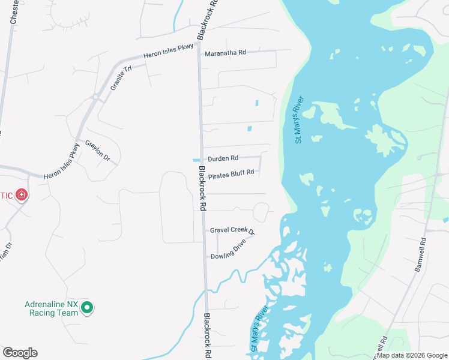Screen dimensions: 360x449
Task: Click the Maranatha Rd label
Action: point(226,53)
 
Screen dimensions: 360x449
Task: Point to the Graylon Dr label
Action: point(97,151)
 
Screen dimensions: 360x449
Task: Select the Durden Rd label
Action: point(223,158)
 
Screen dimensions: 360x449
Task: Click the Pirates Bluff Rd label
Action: point(231,172)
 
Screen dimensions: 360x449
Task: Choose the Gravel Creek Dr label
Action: point(232,230)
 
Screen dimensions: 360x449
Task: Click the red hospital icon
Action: point(22,194)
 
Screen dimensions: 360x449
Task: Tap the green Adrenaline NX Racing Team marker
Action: point(87,308)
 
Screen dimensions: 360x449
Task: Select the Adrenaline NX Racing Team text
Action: point(52,308)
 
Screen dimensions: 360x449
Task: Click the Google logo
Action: point(20,353)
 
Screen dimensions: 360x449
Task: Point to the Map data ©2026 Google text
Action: point(412,355)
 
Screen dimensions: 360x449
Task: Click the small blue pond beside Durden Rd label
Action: point(196,160)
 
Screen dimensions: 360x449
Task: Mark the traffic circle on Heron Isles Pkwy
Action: point(95,96)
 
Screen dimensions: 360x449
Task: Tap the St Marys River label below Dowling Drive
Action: point(259,328)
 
